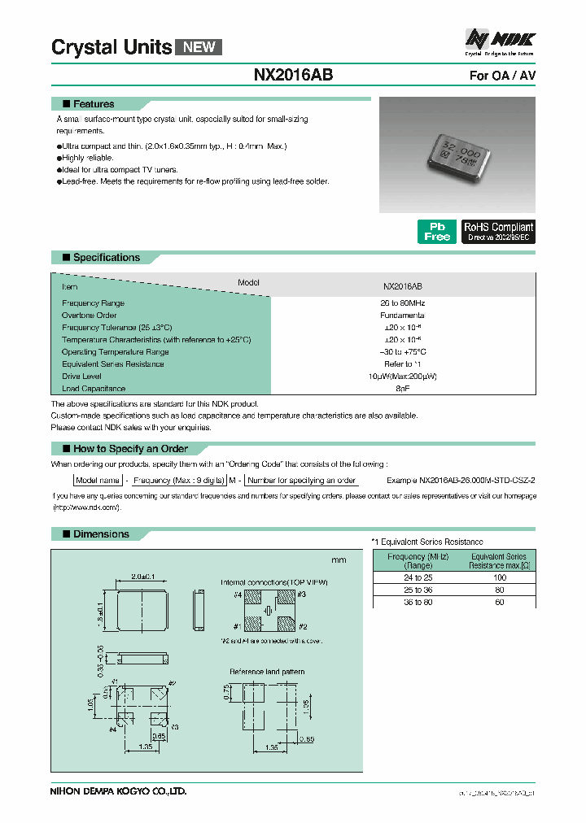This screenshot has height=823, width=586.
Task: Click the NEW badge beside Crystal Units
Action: point(199,46)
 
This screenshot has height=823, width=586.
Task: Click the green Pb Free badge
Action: point(437,232)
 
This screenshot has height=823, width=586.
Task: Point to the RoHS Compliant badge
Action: point(498,232)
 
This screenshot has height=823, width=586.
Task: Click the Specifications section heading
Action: point(106,258)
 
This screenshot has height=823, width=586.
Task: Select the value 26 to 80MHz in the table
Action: point(402,303)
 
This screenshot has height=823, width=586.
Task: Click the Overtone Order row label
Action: point(90,315)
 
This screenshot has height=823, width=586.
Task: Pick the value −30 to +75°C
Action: point(402,351)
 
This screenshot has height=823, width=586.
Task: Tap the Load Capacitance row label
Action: point(94,389)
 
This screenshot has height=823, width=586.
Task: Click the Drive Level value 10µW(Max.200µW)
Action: point(402,377)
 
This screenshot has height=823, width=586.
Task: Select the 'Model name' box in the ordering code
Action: point(98,481)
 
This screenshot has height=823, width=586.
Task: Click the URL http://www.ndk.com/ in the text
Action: point(86,507)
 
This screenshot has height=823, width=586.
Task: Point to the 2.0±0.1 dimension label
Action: point(143,576)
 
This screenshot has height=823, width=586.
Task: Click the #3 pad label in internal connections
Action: point(302,595)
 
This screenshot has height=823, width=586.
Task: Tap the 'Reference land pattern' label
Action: point(267,671)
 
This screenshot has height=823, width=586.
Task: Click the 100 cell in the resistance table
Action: point(499,577)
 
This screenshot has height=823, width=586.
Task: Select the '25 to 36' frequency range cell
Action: point(417,590)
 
